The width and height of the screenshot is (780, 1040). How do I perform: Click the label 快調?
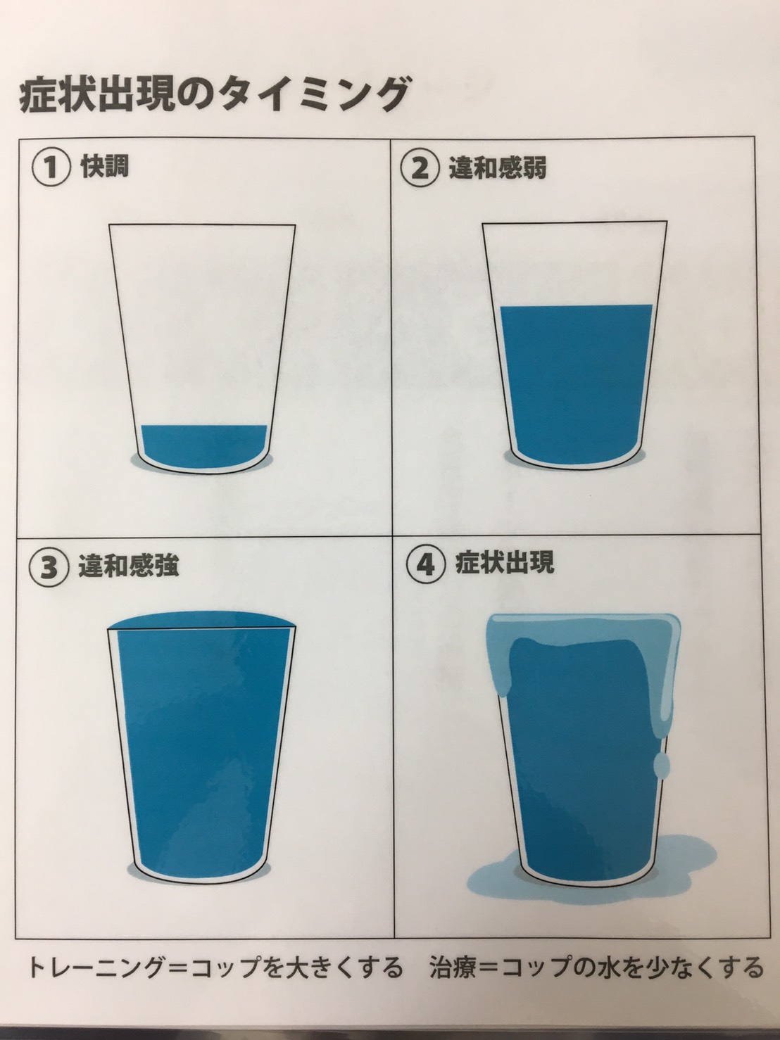105,167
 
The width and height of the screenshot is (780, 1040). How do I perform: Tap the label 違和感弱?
498,167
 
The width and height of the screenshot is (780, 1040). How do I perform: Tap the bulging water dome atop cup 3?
202,620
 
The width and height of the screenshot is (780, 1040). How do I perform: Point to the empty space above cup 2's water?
575,264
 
